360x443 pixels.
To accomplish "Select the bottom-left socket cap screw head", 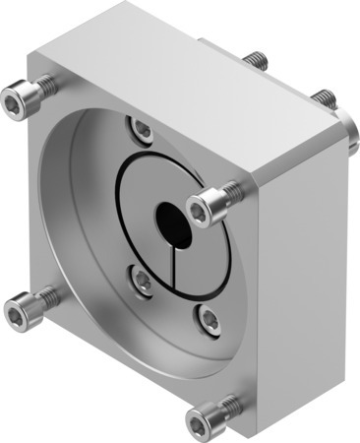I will [17, 313].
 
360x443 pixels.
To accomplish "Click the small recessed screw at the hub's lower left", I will [143, 283].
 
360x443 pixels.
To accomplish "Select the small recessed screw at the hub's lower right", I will [208, 316].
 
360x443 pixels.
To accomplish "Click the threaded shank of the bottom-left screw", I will [44, 295].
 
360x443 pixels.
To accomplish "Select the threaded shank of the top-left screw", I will [44, 87].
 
